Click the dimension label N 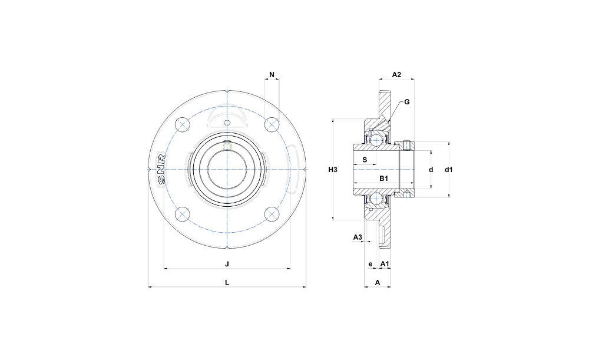point(272,74)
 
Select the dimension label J point(227,264)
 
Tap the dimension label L point(227,283)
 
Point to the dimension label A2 point(396,74)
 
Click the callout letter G point(407,102)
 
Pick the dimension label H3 point(333,170)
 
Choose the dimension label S point(365,160)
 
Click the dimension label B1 point(383,179)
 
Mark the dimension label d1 point(449,170)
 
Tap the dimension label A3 point(358,237)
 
